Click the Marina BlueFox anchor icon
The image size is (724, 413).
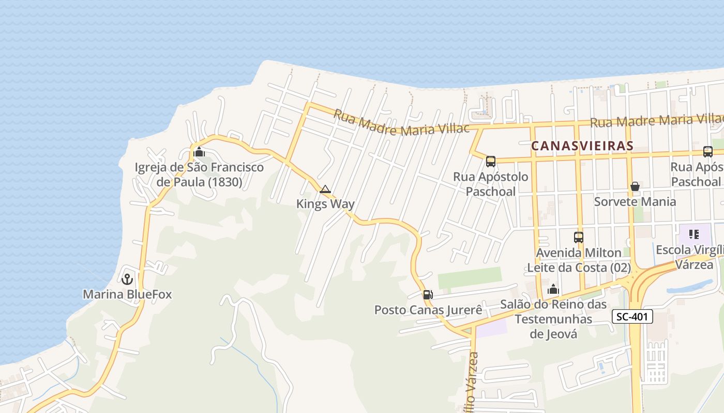(127, 279)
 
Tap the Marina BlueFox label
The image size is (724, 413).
(127, 294)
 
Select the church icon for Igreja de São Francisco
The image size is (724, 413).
(199, 152)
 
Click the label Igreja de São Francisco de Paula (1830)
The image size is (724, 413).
(199, 174)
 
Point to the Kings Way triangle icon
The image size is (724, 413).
(325, 189)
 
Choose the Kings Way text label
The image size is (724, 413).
(325, 204)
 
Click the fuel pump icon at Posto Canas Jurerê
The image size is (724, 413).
(428, 295)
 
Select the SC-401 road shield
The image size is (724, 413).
(632, 316)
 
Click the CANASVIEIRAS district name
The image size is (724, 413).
(582, 146)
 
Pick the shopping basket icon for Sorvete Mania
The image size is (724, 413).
(635, 186)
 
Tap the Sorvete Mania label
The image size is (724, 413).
(635, 201)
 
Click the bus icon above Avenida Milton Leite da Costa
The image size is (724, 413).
(579, 237)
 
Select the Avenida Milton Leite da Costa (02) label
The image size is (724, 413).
(579, 260)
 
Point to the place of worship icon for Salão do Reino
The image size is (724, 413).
(553, 289)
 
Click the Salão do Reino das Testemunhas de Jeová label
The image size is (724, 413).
(553, 319)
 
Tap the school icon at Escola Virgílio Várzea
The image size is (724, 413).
(693, 234)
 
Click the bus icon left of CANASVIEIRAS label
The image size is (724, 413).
(491, 162)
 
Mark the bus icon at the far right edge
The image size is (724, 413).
(708, 152)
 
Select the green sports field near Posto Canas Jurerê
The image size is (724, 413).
(470, 278)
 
